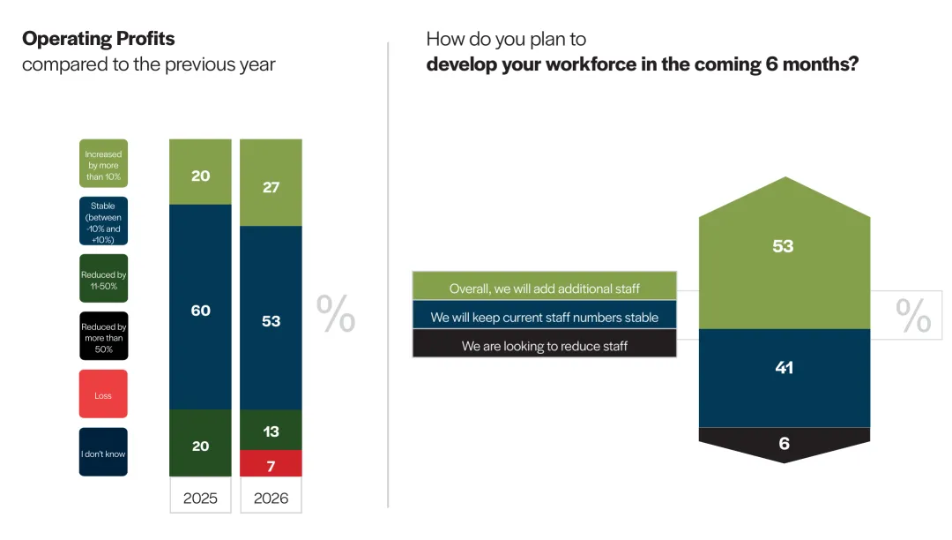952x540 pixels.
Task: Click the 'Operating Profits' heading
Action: (99, 39)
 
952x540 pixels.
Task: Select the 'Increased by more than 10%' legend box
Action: (103, 164)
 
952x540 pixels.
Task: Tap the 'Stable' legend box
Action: (103, 221)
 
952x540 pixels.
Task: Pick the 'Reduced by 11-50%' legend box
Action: (103, 280)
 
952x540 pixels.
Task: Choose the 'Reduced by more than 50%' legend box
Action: (103, 336)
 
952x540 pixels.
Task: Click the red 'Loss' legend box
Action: (103, 394)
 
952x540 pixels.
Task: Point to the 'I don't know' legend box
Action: (103, 453)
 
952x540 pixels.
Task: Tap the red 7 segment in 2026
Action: (271, 463)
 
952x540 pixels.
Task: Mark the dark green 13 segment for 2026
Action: (271, 431)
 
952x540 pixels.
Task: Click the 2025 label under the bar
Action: (200, 498)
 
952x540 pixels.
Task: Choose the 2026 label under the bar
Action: (271, 498)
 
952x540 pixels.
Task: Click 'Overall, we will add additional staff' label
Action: (545, 288)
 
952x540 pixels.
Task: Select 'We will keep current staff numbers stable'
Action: (545, 317)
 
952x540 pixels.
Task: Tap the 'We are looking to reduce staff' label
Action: (545, 345)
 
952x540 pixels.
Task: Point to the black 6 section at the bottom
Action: (784, 443)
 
